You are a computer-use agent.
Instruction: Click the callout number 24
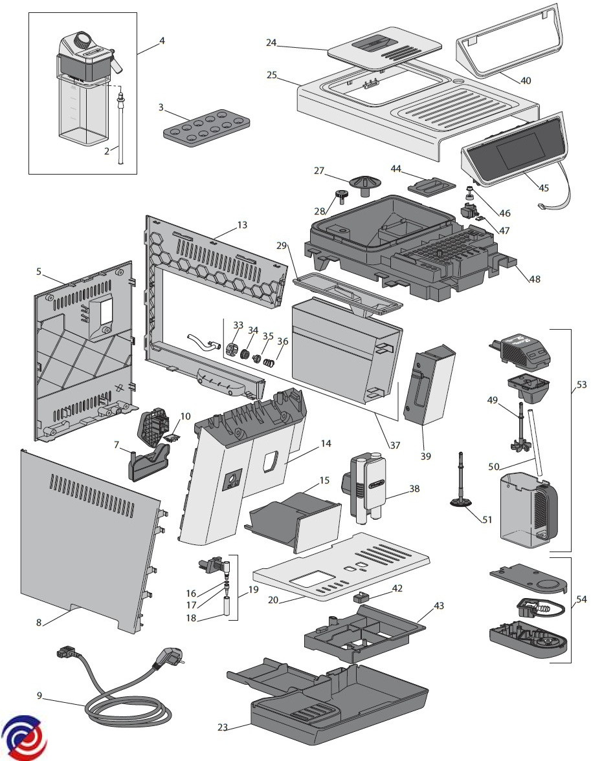(271, 43)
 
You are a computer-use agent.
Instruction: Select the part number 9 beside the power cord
(39, 696)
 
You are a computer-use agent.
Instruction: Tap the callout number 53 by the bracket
(581, 385)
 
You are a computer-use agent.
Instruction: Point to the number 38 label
(414, 489)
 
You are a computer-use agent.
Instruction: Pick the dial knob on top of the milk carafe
(82, 40)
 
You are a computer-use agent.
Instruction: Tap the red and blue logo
(25, 738)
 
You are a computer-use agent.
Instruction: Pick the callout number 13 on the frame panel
(242, 224)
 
